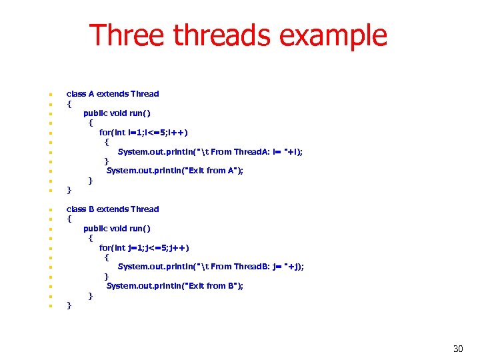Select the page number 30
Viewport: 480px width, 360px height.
coord(458,349)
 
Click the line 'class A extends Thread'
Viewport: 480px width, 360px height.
coord(113,94)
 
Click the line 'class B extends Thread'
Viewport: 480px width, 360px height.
coord(113,209)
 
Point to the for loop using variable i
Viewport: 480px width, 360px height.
coord(143,133)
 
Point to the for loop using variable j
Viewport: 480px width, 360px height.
coord(144,248)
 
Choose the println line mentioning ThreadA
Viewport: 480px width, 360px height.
coord(210,152)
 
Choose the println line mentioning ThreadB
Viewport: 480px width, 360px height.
coord(211,267)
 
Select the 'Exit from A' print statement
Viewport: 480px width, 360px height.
coord(175,171)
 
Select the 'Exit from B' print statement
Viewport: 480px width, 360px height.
coord(175,286)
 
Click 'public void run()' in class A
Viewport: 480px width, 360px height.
coord(117,113)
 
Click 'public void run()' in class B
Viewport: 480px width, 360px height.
coord(117,229)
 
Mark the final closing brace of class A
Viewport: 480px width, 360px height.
coord(69,191)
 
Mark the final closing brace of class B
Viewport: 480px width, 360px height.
coord(69,306)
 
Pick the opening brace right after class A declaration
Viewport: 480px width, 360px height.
coord(69,104)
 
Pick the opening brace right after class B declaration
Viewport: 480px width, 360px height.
coord(69,219)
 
